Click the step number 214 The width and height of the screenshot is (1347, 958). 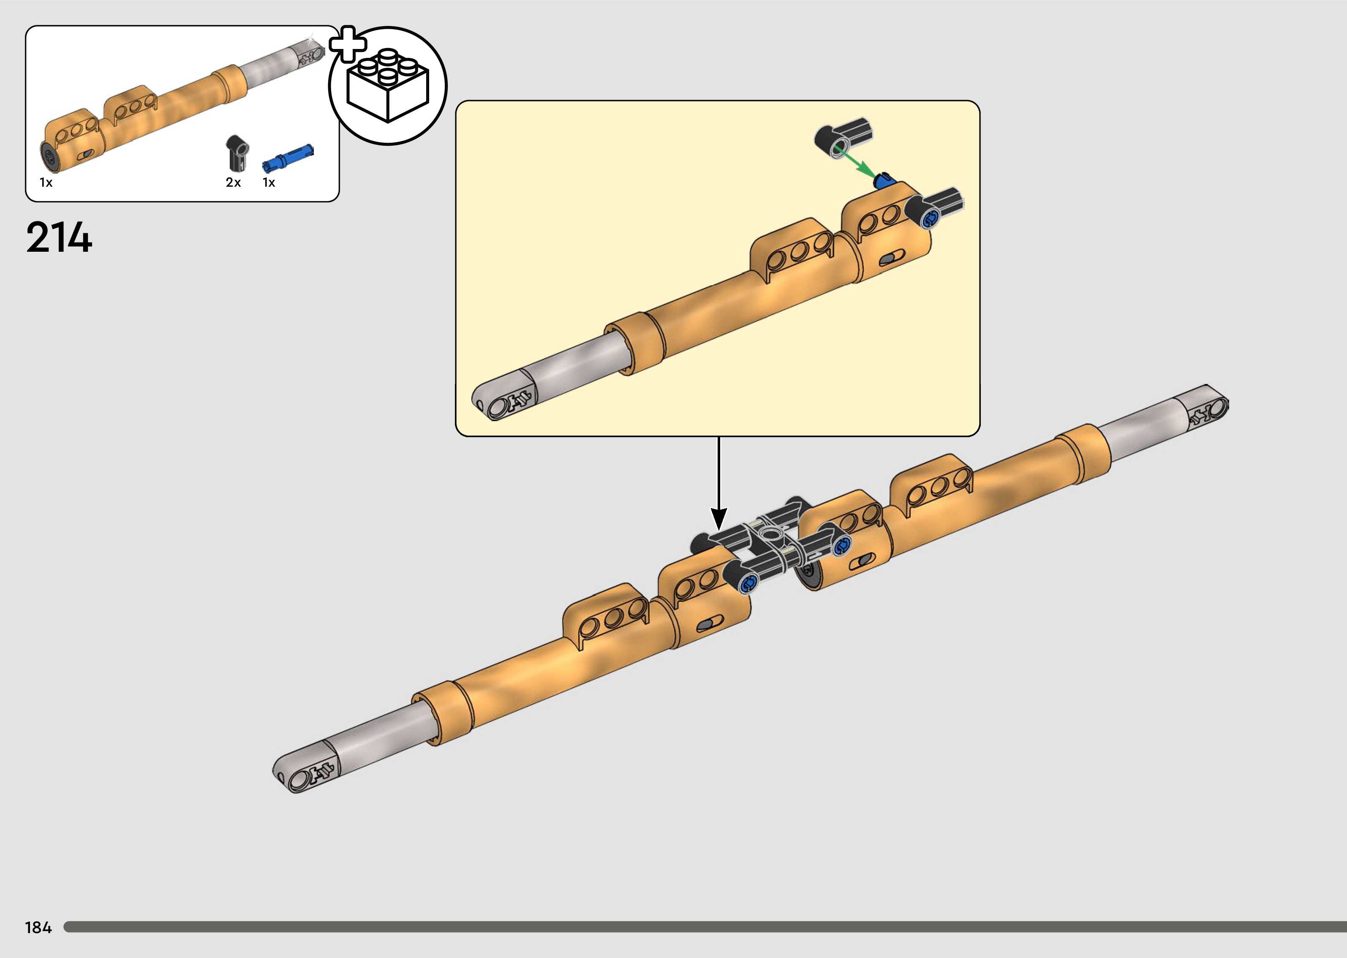coord(59,238)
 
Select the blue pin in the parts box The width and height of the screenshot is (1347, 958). coord(288,157)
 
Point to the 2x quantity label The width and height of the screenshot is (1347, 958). coord(233,183)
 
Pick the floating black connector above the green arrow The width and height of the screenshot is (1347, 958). coord(844,137)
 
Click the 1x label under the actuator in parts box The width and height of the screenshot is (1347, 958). coord(46,183)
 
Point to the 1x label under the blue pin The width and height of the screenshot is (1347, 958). coord(269,183)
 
